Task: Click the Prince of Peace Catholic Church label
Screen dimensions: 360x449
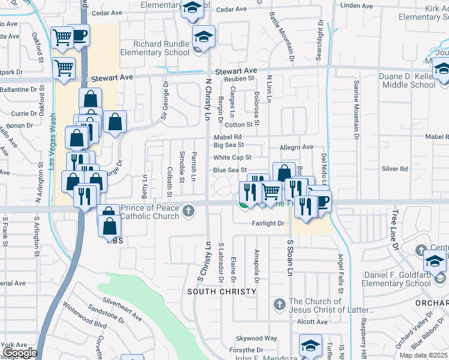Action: pos(150,212)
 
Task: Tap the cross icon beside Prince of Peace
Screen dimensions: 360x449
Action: pos(188,211)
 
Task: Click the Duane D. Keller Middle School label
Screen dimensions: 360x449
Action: pos(407,80)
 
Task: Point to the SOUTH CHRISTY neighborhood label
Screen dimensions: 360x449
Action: pos(217,292)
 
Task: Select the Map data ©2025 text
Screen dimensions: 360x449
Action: pos(424,355)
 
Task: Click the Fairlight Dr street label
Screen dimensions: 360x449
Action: pos(268,223)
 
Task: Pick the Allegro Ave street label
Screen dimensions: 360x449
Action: pos(297,147)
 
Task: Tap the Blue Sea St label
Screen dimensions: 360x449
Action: pos(230,170)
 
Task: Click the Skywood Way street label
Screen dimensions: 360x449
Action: pos(256,338)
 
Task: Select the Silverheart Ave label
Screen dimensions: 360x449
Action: pos(121,308)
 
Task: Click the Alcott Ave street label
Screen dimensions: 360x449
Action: pos(312,322)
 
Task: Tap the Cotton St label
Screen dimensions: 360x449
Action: pos(238,125)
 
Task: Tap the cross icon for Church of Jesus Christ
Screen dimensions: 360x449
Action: pos(279,304)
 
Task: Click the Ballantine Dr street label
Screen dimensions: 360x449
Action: pos(19,89)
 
